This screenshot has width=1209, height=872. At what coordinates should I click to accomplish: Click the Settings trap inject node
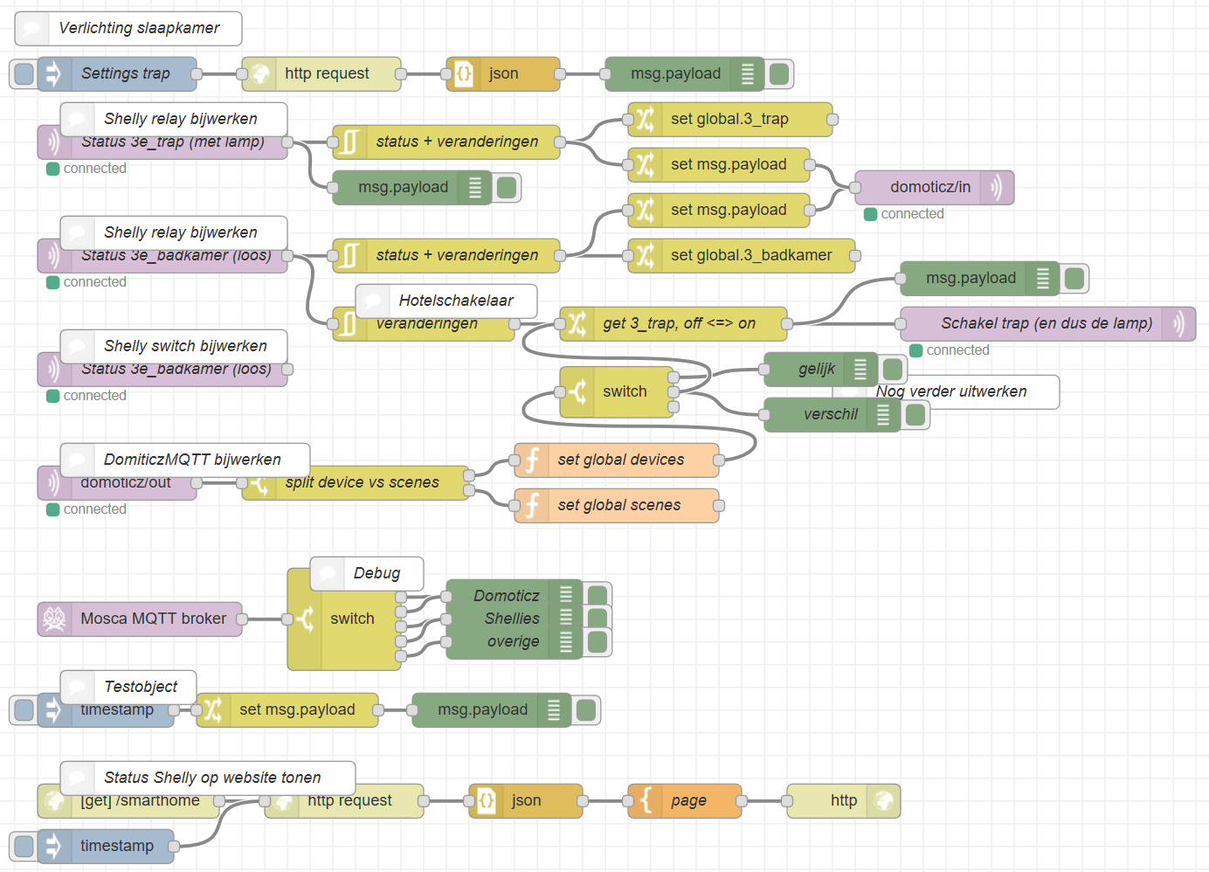coord(125,74)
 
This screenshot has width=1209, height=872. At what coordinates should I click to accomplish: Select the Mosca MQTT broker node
coord(153,619)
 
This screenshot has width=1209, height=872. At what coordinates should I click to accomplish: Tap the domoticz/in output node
coord(929,188)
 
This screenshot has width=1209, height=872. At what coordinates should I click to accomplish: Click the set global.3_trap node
coord(729,120)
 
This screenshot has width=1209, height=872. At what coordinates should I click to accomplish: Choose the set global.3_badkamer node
coord(750,256)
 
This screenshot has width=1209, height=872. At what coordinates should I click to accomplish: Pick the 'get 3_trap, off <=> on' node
coord(679,324)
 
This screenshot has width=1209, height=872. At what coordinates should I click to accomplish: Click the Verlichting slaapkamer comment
coord(138,29)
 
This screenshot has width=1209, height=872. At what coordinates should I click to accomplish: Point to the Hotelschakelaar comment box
coord(455,301)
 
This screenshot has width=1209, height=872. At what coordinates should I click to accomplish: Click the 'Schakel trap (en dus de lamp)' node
coord(1046,324)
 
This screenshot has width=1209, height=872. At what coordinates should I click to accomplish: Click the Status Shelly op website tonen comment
coord(211,778)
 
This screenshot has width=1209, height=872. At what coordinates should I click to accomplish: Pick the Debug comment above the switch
coord(376,574)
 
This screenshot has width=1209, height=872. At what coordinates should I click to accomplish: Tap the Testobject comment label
coord(140,687)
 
